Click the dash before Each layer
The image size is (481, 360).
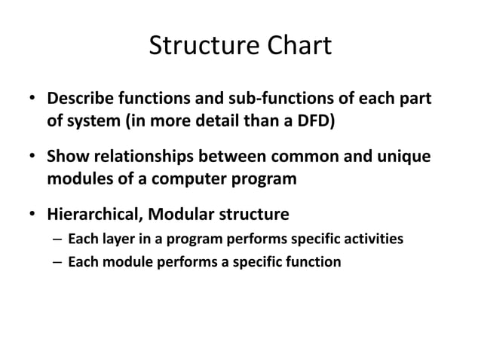pos(58,240)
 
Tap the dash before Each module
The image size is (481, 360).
pos(58,263)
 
